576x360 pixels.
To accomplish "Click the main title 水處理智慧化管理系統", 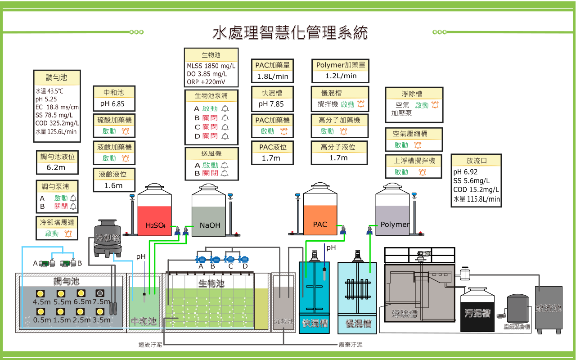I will (x=290, y=33).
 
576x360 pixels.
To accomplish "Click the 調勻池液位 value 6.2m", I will (x=56, y=167).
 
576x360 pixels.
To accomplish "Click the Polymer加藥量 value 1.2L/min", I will (x=341, y=76).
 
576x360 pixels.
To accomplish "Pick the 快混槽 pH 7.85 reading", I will (x=271, y=104).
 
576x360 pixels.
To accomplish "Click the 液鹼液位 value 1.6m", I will (x=113, y=185).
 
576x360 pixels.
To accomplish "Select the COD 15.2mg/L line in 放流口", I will (x=476, y=190).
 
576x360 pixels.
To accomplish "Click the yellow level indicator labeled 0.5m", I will (x=41, y=311).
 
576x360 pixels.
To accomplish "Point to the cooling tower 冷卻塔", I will (x=108, y=237).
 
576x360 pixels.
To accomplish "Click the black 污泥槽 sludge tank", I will (x=477, y=310).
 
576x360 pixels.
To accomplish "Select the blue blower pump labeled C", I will (x=230, y=259).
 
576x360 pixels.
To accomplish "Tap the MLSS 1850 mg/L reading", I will (x=211, y=66).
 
